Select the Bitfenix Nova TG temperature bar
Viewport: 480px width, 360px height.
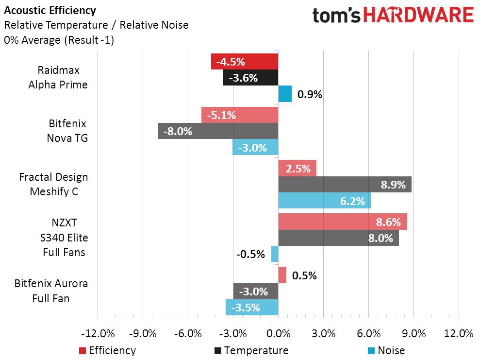pos(218,131)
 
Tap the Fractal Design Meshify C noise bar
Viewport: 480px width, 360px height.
pos(324,201)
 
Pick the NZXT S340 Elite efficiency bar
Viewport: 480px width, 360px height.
pos(342,222)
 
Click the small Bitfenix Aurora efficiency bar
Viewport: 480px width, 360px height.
pos(282,275)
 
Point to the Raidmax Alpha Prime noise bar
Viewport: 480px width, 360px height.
pos(285,94)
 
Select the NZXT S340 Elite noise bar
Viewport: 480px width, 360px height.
pos(275,254)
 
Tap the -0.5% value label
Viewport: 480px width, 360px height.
pos(250,254)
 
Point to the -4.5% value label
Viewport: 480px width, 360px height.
pos(231,62)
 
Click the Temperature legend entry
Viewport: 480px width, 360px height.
pos(251,350)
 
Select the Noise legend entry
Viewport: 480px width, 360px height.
pos(386,350)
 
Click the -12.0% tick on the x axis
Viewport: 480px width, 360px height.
pos(98,334)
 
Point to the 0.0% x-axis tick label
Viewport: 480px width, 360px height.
pos(278,334)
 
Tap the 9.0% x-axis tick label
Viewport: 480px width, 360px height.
pos(414,334)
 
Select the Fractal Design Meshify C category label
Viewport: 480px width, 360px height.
pos(53,184)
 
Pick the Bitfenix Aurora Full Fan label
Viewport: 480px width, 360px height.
pos(51,291)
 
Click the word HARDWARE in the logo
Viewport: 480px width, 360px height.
pos(419,15)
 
